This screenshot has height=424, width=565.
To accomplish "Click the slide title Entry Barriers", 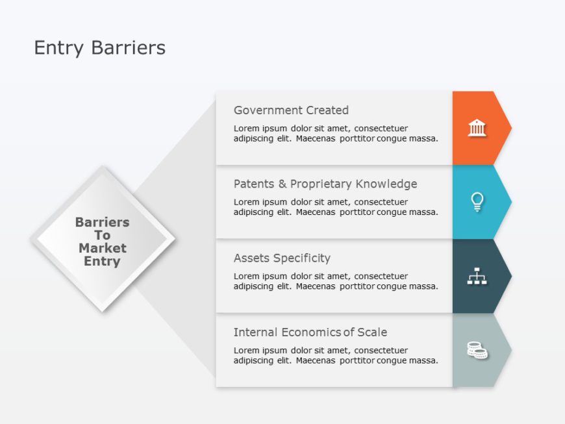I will click(x=99, y=48).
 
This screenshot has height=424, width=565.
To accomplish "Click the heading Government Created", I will click(x=291, y=110).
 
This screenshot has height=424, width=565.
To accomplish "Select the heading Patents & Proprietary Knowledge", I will click(x=325, y=184).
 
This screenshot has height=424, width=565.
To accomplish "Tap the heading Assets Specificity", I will click(x=282, y=258).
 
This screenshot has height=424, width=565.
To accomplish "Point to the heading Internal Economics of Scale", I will click(x=310, y=332).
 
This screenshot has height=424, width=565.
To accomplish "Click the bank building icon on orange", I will click(x=477, y=128).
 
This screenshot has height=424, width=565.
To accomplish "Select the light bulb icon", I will click(x=477, y=202).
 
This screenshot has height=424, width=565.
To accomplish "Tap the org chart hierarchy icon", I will click(x=477, y=277).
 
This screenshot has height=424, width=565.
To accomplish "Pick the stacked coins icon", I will click(x=477, y=351).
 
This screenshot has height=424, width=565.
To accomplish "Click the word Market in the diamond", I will click(x=102, y=248).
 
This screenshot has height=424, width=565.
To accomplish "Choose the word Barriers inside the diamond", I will click(x=102, y=222).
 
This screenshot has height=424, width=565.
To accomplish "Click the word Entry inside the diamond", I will click(x=102, y=262).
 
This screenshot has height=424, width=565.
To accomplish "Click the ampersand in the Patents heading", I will click(x=282, y=184).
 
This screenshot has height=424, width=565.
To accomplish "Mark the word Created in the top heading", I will click(x=327, y=110).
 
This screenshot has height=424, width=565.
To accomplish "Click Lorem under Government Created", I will click(x=247, y=129).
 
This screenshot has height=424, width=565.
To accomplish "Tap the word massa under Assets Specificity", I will click(x=423, y=286).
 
